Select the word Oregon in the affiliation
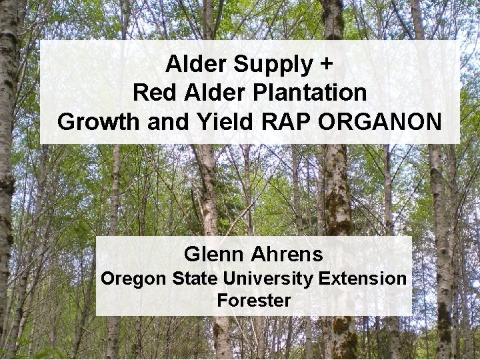[x=133, y=279]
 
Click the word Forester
[x=253, y=301]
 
